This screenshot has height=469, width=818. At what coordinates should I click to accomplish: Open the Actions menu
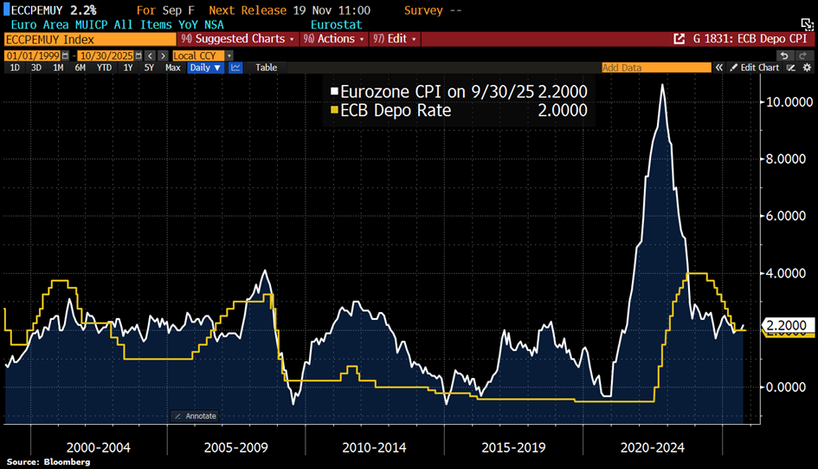[334, 39]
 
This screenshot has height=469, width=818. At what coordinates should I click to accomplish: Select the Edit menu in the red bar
[396, 39]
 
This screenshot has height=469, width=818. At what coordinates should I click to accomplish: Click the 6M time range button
[80, 68]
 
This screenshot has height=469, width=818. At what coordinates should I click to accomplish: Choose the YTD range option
[104, 68]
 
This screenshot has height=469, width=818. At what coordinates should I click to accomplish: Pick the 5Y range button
[149, 68]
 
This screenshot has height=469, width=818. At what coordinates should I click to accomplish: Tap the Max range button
[172, 68]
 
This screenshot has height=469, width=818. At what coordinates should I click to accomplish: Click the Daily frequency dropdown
[205, 68]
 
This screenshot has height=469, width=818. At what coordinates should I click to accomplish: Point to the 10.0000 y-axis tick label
[786, 102]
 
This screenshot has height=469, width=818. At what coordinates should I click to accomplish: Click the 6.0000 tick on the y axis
[786, 216]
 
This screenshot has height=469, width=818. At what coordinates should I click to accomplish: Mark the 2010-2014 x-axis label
[375, 447]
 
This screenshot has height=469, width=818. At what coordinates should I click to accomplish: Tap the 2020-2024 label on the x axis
[652, 447]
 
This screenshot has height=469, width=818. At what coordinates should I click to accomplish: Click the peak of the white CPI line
[663, 85]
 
